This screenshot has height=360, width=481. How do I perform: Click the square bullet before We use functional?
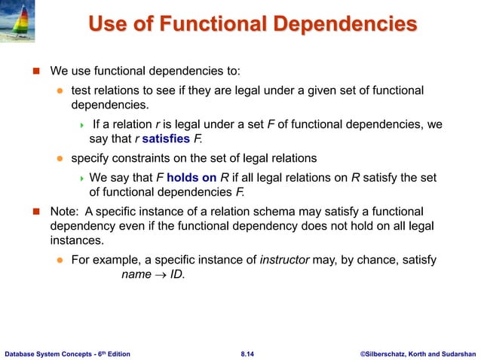[34, 73]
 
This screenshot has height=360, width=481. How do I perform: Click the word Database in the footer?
[22, 352]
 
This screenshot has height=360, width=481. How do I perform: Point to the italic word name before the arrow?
[136, 275]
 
